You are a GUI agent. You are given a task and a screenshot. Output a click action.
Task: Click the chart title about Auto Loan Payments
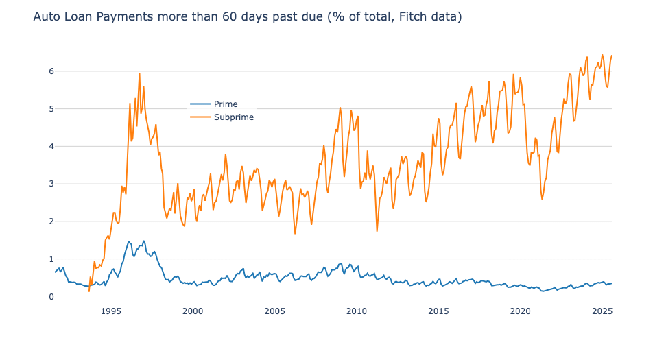[247, 16]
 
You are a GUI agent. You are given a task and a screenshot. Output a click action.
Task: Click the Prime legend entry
[226, 104]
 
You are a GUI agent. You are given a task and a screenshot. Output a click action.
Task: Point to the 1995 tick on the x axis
[111, 311]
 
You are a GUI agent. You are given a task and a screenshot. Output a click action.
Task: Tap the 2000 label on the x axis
[193, 311]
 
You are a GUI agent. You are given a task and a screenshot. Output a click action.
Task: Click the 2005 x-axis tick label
[274, 311]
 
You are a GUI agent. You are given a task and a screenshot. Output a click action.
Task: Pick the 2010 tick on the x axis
[357, 311]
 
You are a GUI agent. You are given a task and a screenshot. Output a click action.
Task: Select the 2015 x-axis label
[438, 311]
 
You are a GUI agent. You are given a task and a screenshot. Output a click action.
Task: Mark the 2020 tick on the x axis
[521, 311]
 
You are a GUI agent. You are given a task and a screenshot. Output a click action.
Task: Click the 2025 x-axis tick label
[602, 311]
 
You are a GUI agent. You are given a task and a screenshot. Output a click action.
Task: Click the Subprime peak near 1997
[139, 73]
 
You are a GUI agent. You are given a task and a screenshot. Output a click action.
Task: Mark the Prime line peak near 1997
[143, 241]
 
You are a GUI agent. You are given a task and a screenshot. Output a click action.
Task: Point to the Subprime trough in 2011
[377, 230]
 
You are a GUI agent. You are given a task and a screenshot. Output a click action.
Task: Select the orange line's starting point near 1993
[89, 291]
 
